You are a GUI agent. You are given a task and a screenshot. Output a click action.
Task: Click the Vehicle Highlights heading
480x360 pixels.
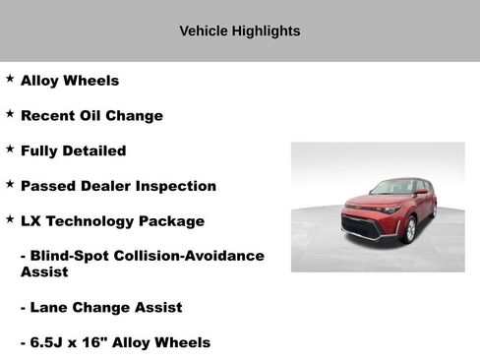tap(239, 31)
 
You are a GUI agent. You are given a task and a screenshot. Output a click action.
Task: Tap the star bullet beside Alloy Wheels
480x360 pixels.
tap(10, 79)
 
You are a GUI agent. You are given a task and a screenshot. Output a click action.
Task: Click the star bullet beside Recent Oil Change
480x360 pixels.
tap(10, 114)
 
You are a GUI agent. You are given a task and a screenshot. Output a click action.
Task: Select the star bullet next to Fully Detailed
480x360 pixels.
tap(10, 150)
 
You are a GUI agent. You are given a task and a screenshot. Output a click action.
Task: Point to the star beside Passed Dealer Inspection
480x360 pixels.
tap(10, 184)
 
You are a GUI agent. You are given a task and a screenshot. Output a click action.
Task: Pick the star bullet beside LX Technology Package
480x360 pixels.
tap(10, 219)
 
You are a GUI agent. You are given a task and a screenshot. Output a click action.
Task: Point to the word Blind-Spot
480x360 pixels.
tap(74, 256)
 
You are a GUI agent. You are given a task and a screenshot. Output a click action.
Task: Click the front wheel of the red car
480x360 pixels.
tap(410, 230)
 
